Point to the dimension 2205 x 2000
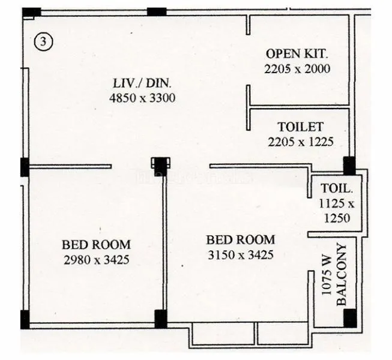(297, 68)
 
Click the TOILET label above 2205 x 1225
(300, 127)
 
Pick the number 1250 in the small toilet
(336, 218)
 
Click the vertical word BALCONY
(342, 274)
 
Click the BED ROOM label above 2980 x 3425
(96, 245)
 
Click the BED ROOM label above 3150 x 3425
(240, 240)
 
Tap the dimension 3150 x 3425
(240, 254)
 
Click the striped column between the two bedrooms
(160, 163)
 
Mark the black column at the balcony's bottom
(349, 317)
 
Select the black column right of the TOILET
(349, 165)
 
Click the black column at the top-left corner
(31, 12)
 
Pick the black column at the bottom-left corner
(25, 319)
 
